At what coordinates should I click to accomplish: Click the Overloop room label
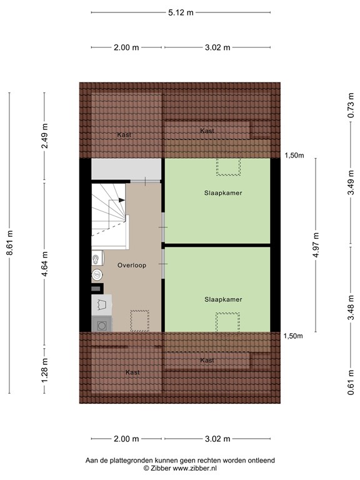click(131, 265)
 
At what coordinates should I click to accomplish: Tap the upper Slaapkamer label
click(222, 193)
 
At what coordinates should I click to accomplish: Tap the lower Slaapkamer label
click(222, 299)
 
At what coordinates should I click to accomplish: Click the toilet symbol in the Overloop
click(96, 257)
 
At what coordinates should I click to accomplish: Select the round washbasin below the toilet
click(97, 274)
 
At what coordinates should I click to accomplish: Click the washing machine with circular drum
click(101, 324)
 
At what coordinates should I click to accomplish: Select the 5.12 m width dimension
click(181, 12)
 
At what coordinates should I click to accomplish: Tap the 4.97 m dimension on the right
click(316, 244)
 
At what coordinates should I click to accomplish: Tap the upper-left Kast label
click(124, 134)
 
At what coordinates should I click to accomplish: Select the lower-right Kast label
click(207, 361)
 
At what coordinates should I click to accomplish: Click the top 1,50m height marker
click(294, 156)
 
